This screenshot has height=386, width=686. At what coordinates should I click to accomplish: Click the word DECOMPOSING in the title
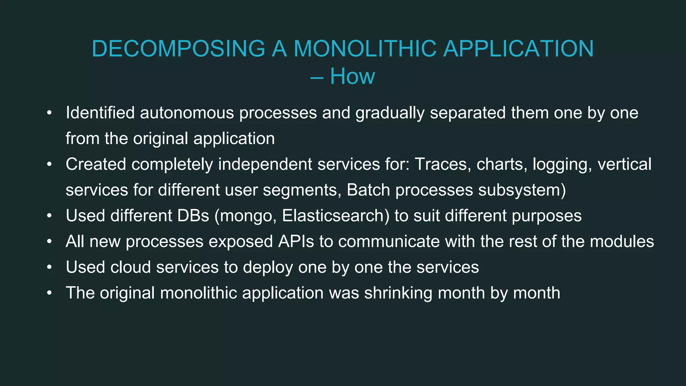pyautogui.click(x=178, y=49)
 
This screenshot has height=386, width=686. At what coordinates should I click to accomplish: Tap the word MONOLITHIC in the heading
pyautogui.click(x=365, y=49)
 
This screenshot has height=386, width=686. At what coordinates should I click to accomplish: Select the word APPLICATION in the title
pyautogui.click(x=518, y=49)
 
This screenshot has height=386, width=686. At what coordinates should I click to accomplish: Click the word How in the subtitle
pyautogui.click(x=352, y=76)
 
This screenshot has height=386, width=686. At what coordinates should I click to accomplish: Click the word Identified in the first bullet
pyautogui.click(x=100, y=113)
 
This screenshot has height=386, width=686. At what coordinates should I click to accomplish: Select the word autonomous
pyautogui.click(x=187, y=113)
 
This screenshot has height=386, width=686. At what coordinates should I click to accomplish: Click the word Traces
pyautogui.click(x=440, y=165)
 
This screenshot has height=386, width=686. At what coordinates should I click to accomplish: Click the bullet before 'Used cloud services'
pyautogui.click(x=49, y=267)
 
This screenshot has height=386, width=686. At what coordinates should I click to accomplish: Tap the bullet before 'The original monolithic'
pyautogui.click(x=49, y=293)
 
